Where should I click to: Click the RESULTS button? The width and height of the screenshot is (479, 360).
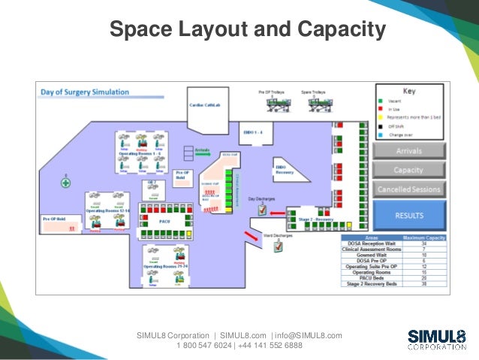(410, 215)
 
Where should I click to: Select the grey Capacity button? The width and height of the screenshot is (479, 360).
(410, 171)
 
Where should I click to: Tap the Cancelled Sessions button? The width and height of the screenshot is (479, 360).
(410, 189)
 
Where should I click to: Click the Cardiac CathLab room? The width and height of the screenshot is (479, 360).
(204, 106)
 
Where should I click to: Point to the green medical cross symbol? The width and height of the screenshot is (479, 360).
(66, 183)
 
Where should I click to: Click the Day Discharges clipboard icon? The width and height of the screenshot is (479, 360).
(262, 210)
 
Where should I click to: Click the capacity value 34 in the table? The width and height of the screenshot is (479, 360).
(425, 244)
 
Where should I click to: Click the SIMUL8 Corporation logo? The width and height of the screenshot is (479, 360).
(436, 339)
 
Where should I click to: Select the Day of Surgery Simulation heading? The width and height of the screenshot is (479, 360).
(84, 92)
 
